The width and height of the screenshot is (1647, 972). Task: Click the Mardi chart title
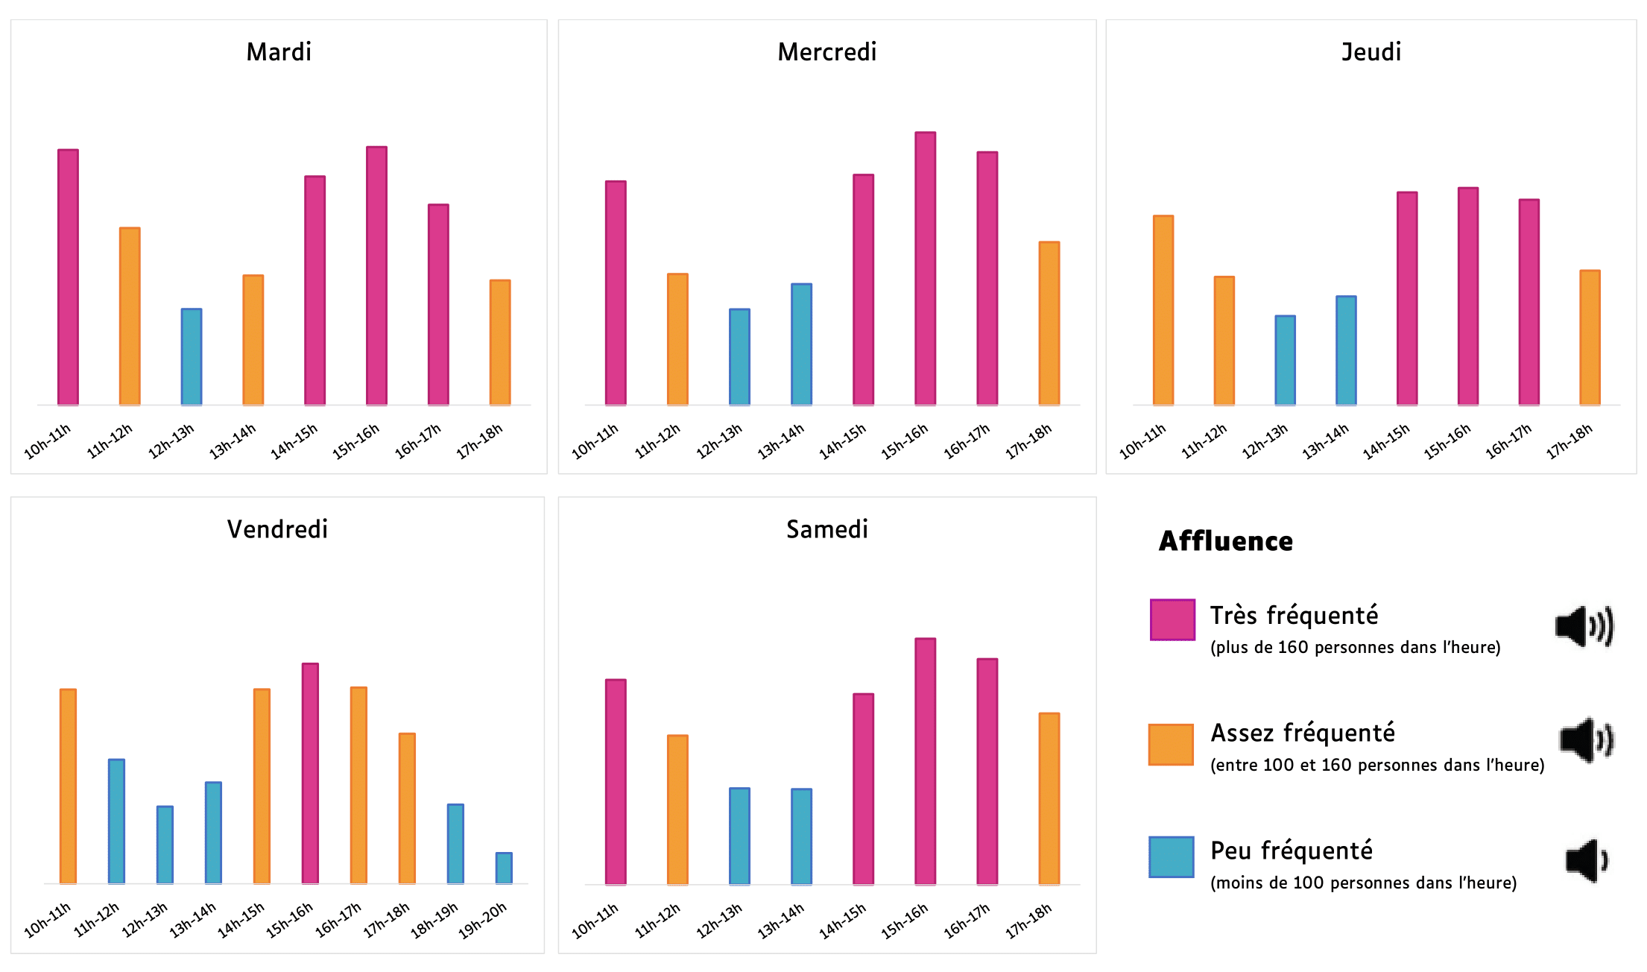point(279,52)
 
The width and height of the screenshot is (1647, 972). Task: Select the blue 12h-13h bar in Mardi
point(192,357)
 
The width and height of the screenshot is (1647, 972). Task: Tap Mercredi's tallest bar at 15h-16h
point(925,268)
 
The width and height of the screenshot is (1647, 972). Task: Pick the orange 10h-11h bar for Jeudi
point(1163,310)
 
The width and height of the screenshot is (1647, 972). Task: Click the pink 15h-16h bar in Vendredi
point(310,773)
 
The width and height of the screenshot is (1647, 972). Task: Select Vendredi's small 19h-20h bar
point(504,868)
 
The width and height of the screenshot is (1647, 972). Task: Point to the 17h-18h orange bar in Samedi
point(1049,798)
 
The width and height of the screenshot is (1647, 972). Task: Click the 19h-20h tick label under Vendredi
point(482,920)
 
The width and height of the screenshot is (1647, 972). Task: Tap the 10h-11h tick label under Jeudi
point(1142,441)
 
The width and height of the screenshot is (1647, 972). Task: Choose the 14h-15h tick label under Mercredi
point(843,441)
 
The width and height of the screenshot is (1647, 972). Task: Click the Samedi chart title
point(826,529)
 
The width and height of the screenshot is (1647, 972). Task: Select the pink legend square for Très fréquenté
point(1172,619)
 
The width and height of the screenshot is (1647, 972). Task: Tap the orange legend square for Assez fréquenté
point(1171,744)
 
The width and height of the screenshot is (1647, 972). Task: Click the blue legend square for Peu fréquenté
point(1171,856)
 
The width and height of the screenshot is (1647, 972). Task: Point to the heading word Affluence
point(1225,541)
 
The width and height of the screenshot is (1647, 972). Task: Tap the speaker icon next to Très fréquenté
point(1584,626)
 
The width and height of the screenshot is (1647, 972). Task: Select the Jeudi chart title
point(1371,52)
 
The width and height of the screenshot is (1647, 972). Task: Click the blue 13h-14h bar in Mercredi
point(801,344)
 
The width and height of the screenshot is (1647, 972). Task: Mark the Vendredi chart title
point(277,529)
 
